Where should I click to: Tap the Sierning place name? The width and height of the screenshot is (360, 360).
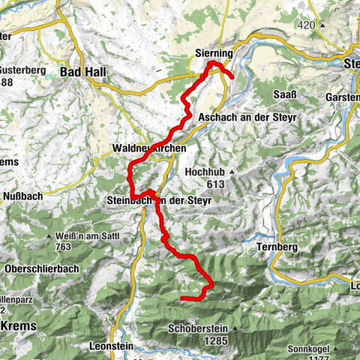[214, 55]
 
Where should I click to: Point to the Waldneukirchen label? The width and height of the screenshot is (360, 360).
[145, 147]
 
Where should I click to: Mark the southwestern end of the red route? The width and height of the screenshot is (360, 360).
[182, 298]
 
